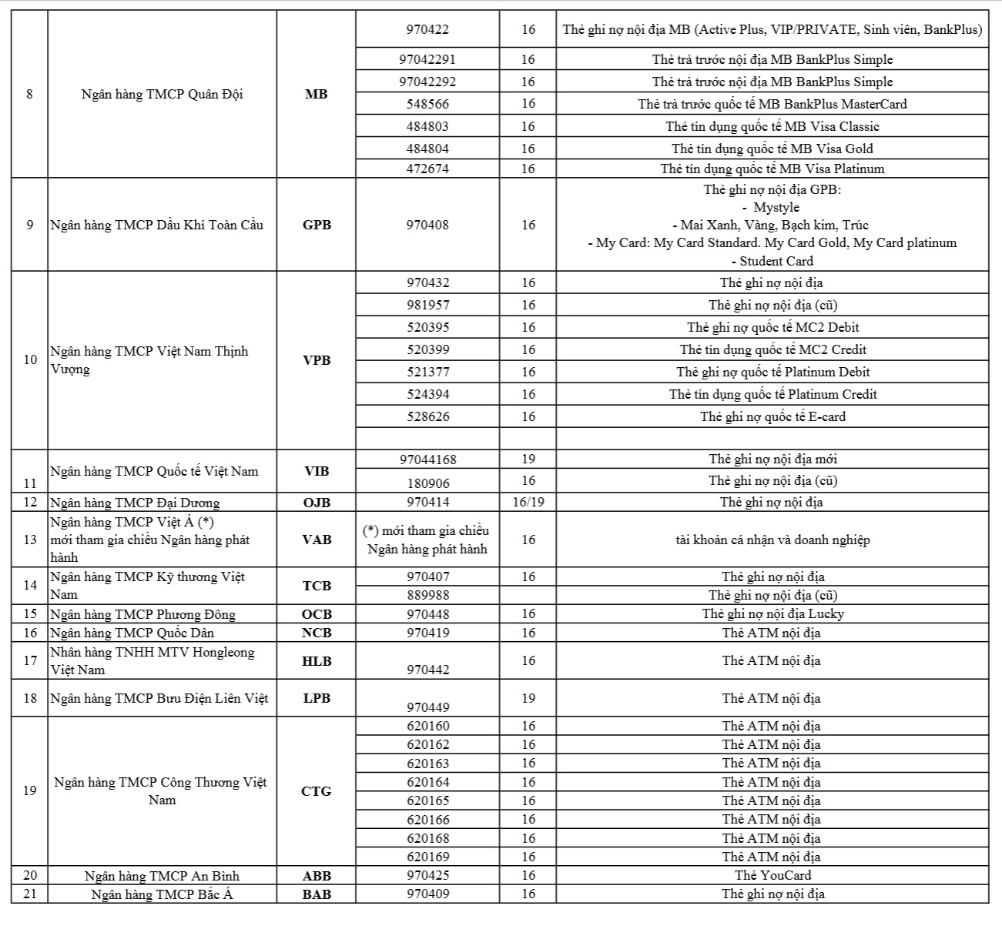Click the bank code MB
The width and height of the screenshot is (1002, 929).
[316, 94]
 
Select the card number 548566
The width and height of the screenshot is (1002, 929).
[427, 104]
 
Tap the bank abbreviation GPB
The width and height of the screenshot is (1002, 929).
[316, 225]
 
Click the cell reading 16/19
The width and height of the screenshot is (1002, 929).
[528, 502]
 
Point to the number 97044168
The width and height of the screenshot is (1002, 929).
[427, 459]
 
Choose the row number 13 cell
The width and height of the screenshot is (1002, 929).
[29, 540]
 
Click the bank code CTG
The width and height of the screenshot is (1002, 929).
[316, 791]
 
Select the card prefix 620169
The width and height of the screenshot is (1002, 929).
[427, 857]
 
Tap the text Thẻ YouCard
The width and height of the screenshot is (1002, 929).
[772, 875]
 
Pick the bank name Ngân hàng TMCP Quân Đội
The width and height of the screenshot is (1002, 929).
[162, 94]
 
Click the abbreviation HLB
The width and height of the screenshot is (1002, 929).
[316, 660]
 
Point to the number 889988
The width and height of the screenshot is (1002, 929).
[427, 595]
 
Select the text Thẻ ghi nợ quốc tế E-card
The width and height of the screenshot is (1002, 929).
[772, 416]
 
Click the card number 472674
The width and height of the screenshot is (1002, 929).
[427, 169]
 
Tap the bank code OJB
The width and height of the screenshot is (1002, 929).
[316, 503]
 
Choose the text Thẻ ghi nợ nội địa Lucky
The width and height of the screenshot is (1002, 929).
[772, 613]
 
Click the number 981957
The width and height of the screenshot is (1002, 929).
[427, 305]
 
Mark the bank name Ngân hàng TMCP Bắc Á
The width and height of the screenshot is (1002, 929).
[162, 894]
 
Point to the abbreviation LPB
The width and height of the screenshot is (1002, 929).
[316, 698]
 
